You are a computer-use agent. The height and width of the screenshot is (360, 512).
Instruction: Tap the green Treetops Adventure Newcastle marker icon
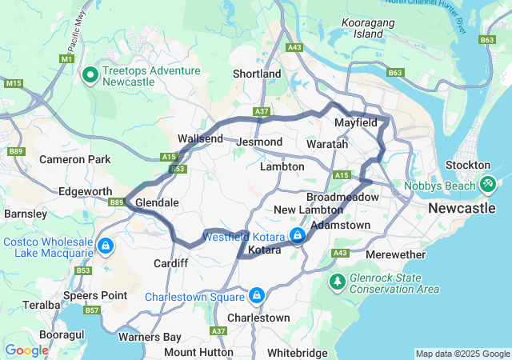pos(90,76)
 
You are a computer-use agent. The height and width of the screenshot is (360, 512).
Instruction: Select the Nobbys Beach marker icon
pos(486,184)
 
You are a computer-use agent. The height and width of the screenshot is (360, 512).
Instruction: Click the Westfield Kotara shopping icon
pos(297,235)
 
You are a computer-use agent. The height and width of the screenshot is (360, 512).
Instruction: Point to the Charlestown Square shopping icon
pos(256,296)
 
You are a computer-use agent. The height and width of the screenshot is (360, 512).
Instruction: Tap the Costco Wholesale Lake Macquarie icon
pos(106,245)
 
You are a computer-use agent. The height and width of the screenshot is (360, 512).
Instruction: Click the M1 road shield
pos(66,59)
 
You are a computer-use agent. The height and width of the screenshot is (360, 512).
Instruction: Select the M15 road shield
pos(13,83)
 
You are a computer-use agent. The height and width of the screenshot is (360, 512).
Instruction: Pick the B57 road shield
pos(92,310)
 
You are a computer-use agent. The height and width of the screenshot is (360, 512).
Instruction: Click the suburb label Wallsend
pos(200,138)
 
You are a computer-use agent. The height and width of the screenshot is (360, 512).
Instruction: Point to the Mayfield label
pos(356,124)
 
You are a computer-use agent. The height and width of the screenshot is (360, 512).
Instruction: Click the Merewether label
pos(396,254)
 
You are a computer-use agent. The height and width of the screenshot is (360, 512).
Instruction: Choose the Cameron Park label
pos(75,160)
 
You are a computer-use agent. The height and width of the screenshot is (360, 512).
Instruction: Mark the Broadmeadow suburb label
pos(342,196)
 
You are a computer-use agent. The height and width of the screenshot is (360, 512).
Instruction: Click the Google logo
pos(26,350)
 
